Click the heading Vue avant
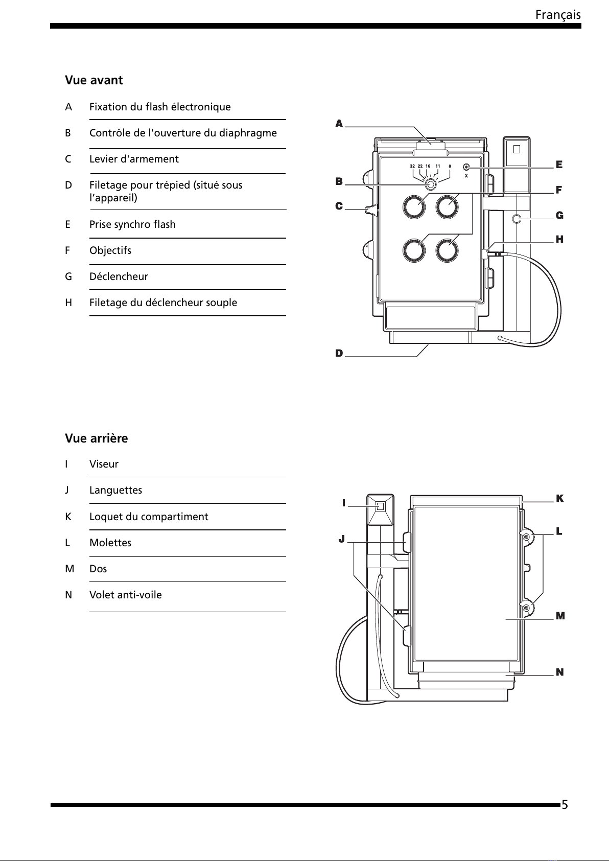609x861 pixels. [94, 80]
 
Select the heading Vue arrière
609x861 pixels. [97, 438]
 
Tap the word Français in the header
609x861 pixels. [558, 15]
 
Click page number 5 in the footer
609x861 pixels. [565, 804]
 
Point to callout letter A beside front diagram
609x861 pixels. [339, 123]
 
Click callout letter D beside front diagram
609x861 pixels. [339, 353]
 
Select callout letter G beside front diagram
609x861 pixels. [559, 216]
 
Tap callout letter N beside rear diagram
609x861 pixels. [560, 672]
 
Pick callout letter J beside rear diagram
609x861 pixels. [342, 539]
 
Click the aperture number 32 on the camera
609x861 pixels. [412, 167]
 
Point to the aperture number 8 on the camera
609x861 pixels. [450, 167]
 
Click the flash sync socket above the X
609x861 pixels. [466, 167]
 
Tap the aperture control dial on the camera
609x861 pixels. [431, 185]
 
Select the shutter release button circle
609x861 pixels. [517, 219]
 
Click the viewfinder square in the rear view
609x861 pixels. [380, 506]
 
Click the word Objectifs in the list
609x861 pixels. [110, 250]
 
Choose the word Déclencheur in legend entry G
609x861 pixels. [119, 276]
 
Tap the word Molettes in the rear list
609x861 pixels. [110, 543]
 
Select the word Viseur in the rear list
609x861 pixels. [104, 464]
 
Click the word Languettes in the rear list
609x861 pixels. [115, 491]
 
